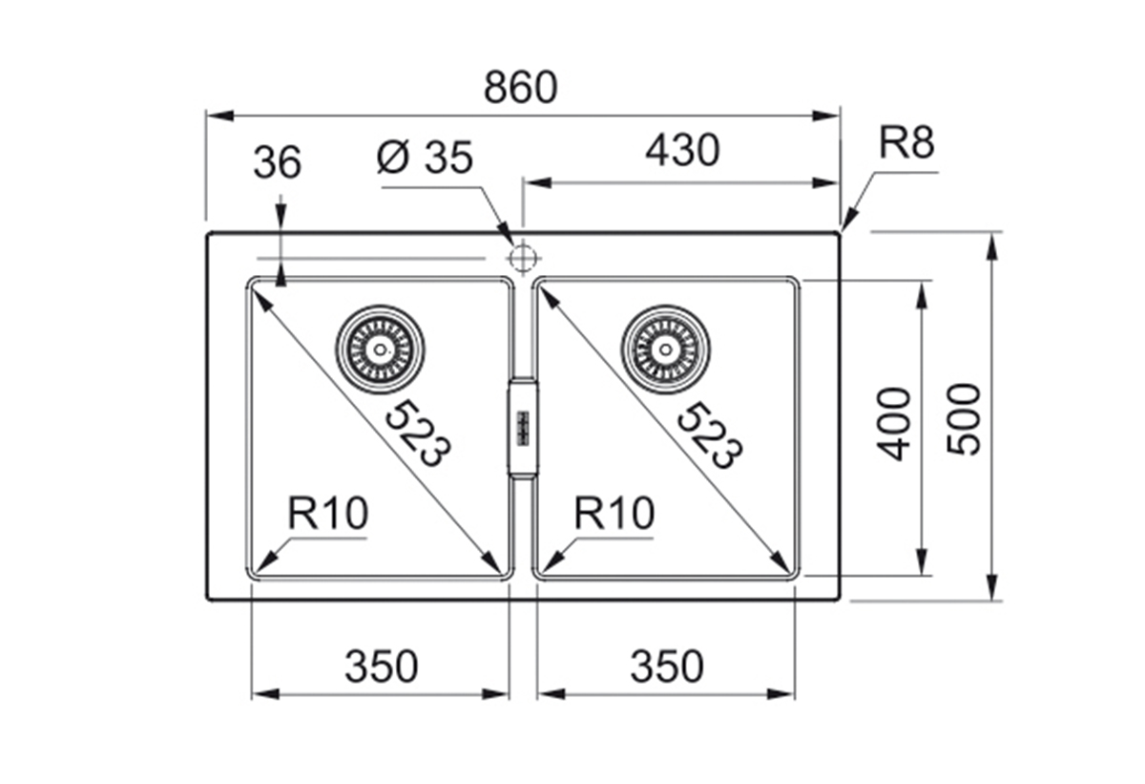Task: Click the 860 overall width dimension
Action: [519, 88]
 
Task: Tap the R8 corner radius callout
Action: [906, 143]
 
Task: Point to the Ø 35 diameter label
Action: [425, 159]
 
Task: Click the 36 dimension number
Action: [277, 163]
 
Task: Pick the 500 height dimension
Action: [965, 418]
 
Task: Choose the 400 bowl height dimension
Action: [894, 423]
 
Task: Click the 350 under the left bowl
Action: [381, 667]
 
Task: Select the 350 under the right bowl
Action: [666, 667]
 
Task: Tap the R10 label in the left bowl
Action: [327, 515]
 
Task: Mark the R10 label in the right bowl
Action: [614, 515]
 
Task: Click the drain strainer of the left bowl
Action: [380, 349]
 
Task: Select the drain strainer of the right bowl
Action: [665, 349]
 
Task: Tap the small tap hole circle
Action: [522, 258]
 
